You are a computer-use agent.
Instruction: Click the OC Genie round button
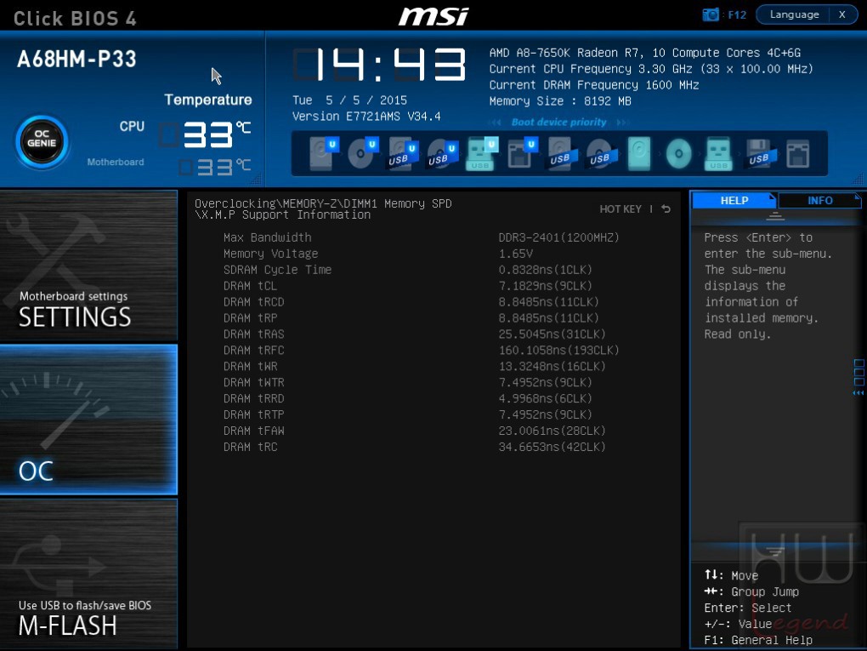point(42,142)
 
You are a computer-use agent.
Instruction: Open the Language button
point(794,15)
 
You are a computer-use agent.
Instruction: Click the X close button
point(842,15)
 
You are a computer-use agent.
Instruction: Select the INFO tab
point(819,200)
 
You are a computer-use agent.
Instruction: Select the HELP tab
point(734,200)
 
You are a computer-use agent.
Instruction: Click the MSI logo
point(433,16)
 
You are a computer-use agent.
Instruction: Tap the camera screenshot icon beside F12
point(711,15)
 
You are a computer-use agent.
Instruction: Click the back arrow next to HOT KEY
point(666,208)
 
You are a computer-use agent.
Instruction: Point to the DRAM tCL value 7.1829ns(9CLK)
point(545,286)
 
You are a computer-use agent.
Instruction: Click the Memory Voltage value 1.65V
point(515,254)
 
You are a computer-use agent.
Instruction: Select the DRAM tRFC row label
point(254,351)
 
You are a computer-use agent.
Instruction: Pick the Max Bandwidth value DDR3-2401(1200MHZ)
point(558,238)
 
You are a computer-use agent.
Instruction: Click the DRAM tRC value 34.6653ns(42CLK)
point(552,448)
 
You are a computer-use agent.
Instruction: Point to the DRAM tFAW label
point(254,431)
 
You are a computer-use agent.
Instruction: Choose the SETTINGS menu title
point(75,317)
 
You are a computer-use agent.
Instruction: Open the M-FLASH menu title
point(68,626)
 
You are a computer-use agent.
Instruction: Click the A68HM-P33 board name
point(76,60)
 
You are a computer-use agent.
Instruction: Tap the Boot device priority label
point(558,123)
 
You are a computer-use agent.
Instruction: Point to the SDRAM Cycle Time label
point(278,270)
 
